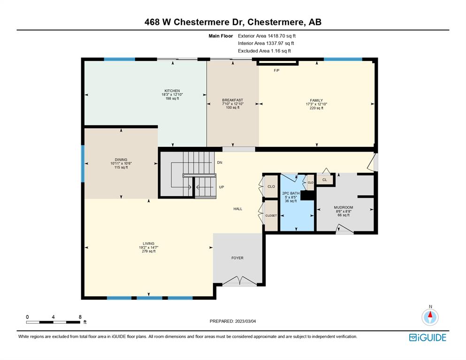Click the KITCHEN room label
click(172, 91)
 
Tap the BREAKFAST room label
click(232, 100)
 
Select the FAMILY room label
click(316, 100)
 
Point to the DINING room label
click(121, 160)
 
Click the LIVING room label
click(149, 244)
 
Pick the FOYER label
click(237, 258)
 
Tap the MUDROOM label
click(343, 207)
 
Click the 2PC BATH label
click(290, 193)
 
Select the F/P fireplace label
click(276, 70)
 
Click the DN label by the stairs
click(220, 162)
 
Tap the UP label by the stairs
click(222, 187)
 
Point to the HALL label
click(238, 209)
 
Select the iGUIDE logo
click(428, 337)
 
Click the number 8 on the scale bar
click(80, 317)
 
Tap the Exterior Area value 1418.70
click(276, 36)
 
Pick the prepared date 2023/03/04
click(245, 322)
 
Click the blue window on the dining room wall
click(83, 163)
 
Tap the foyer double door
click(239, 281)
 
